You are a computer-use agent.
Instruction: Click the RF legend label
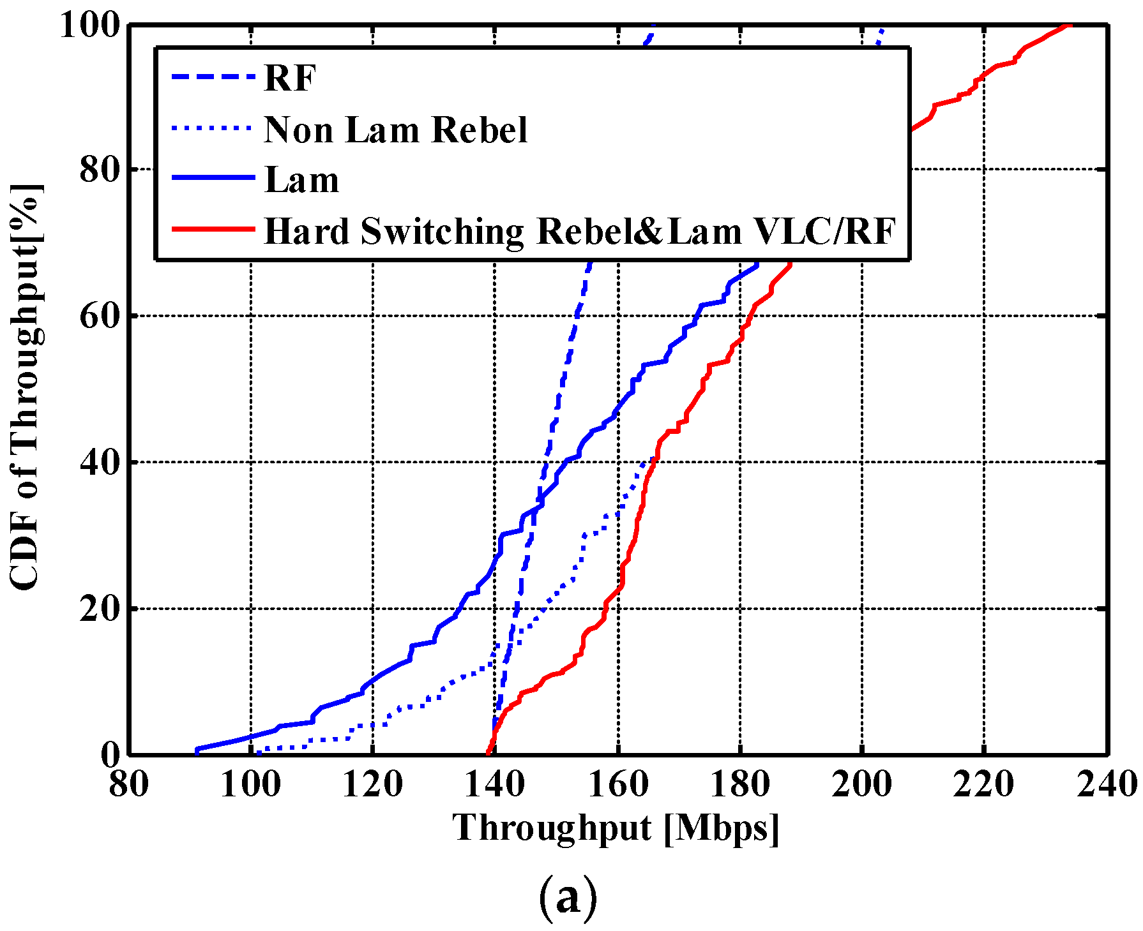tap(289, 79)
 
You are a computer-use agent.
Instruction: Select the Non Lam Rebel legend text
tap(395, 130)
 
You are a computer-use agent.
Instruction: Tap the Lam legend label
tap(301, 181)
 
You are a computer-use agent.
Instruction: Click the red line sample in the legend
tap(213, 230)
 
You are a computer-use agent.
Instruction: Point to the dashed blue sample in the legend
tap(213, 78)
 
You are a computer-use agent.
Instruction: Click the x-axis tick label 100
tap(251, 784)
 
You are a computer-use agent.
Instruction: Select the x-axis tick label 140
tap(495, 784)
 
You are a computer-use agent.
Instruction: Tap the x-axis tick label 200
tap(861, 784)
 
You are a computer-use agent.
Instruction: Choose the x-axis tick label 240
tap(1108, 784)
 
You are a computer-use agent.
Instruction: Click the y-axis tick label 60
tap(100, 316)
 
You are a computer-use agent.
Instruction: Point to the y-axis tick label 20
tap(100, 609)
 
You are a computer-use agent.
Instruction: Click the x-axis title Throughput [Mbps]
tap(616, 828)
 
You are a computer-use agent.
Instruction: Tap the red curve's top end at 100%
tap(1068, 26)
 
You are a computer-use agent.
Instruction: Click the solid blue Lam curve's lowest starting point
tap(197, 749)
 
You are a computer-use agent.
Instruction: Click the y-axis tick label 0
tap(110, 755)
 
